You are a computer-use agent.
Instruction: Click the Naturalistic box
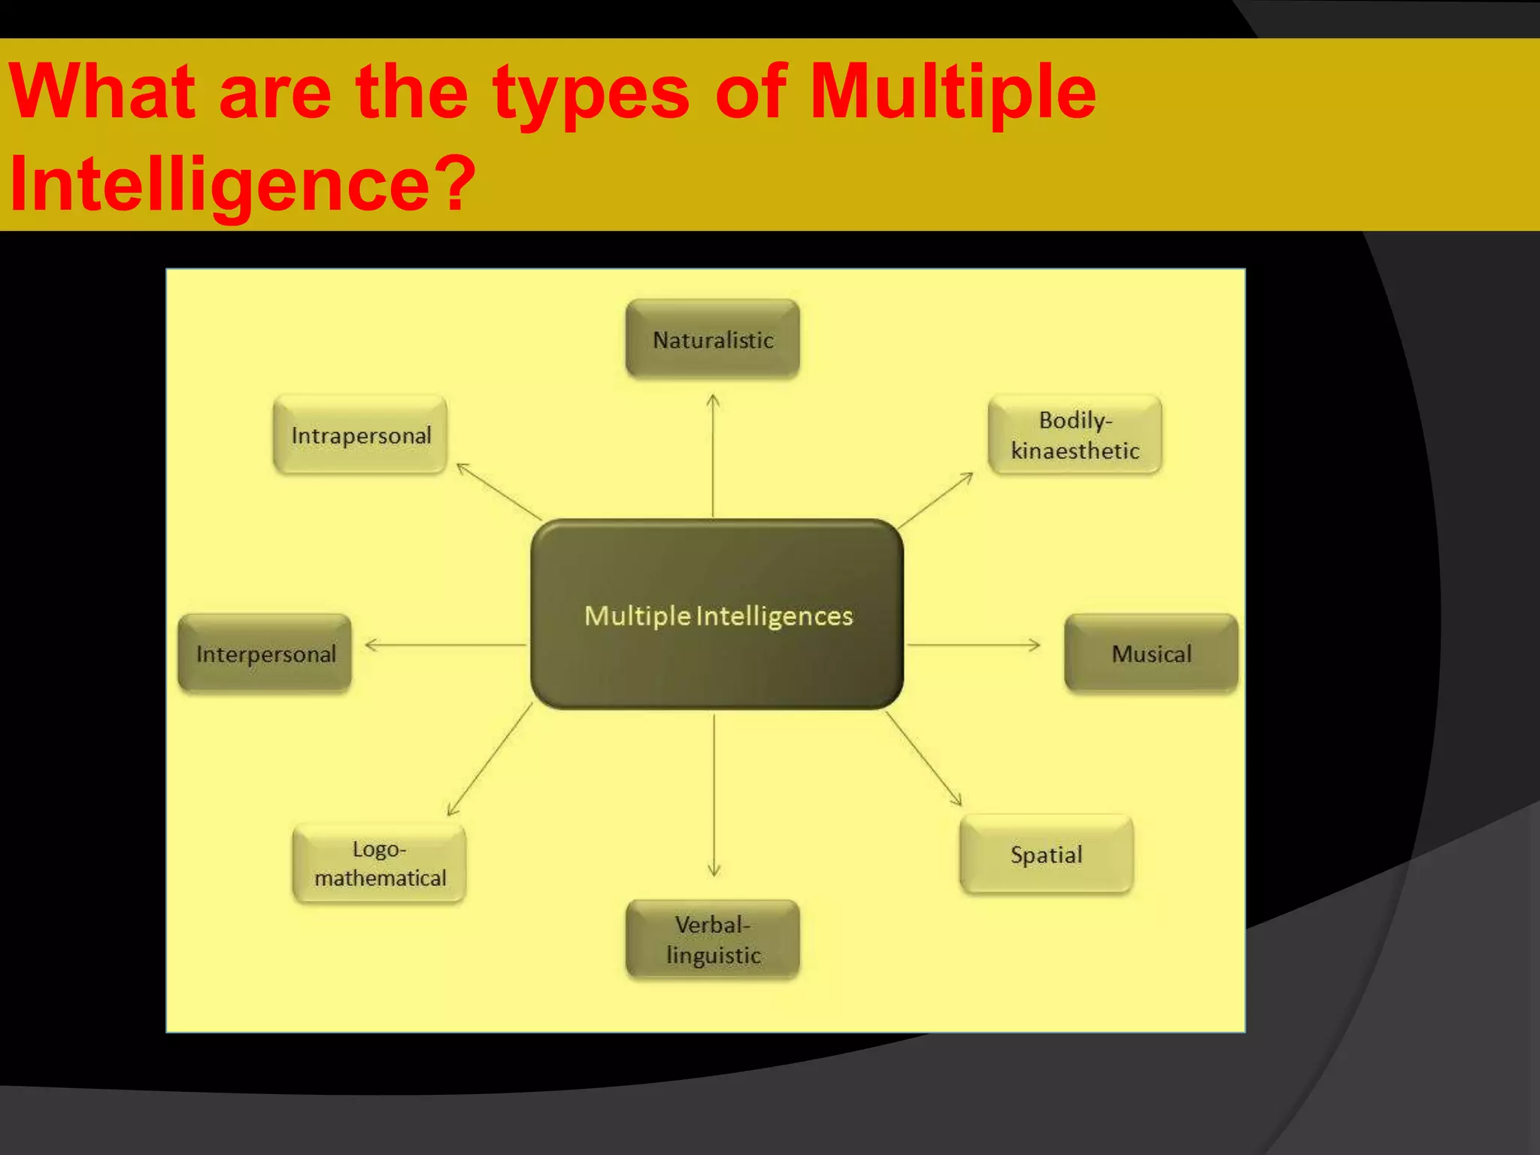coord(712,339)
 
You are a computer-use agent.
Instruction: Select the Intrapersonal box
coord(360,435)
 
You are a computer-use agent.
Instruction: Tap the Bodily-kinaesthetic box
coord(1075,435)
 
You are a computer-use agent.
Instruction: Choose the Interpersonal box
coord(265,653)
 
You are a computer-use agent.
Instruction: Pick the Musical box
coord(1150,653)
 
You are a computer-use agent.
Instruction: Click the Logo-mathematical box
coord(379,863)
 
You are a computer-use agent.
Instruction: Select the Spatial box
coord(1046,854)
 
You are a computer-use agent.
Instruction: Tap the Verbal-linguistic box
coord(712,939)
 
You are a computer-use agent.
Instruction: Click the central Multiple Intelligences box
coord(717,614)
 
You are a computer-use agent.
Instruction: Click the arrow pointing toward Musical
coord(973,644)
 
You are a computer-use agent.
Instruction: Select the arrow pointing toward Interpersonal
coord(446,644)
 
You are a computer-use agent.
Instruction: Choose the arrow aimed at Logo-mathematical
coord(490,759)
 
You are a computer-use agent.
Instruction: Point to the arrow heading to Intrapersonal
coord(499,492)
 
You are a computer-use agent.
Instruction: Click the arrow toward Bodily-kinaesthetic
coord(935,501)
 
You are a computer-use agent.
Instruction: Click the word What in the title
coord(102,92)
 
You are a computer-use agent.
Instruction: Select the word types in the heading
coord(591,92)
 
